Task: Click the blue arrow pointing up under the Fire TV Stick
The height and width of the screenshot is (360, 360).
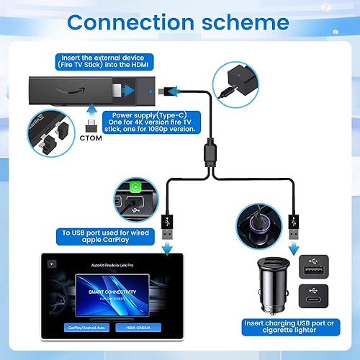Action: (x=91, y=110)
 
